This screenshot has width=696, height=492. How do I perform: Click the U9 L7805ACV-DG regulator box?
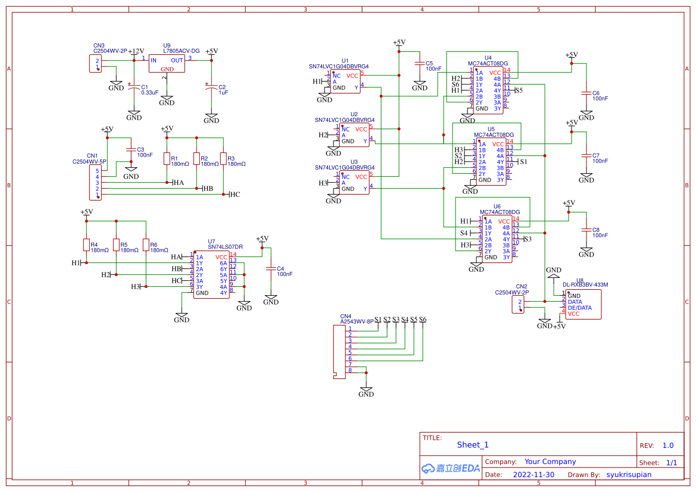click(167, 64)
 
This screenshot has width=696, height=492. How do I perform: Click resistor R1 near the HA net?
click(167, 159)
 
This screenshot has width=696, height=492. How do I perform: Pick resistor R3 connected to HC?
click(223, 158)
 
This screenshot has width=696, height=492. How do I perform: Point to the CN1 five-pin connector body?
click(95, 183)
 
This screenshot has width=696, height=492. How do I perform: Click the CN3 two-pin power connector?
click(95, 64)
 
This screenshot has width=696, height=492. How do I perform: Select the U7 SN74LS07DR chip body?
click(211, 275)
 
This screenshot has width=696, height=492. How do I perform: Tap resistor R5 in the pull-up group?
click(116, 245)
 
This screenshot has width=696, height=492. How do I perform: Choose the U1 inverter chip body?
click(346, 82)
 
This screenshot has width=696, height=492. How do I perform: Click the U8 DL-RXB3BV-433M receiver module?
click(583, 304)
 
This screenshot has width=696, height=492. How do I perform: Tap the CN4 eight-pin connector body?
click(340, 351)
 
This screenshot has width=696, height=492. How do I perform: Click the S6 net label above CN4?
click(423, 319)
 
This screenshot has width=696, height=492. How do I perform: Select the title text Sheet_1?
click(473, 445)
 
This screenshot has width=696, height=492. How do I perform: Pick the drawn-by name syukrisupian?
click(629, 475)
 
